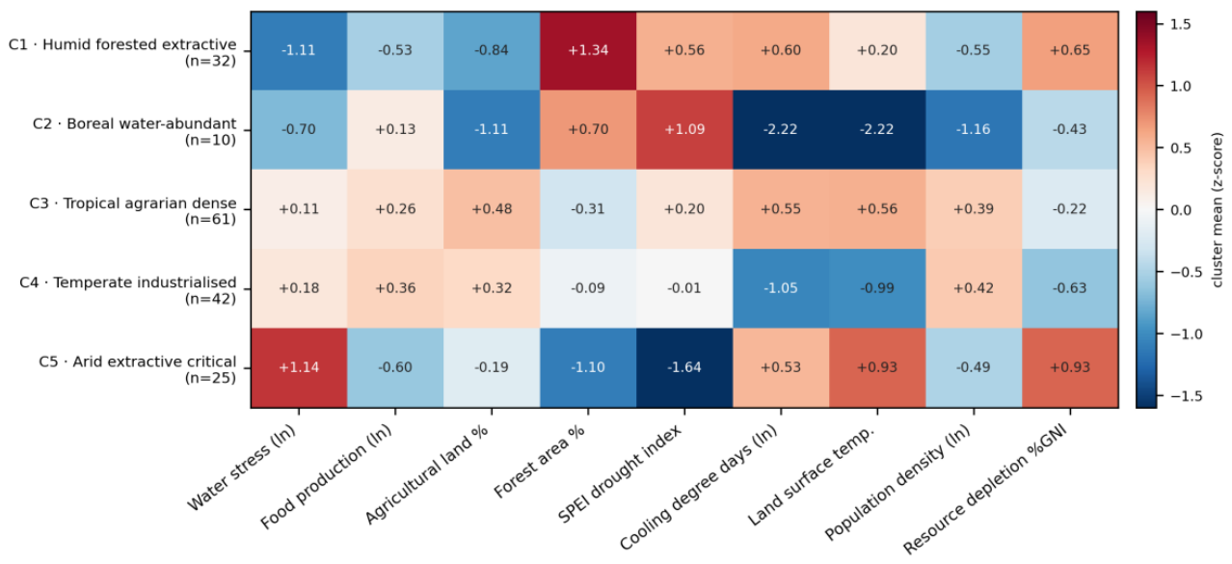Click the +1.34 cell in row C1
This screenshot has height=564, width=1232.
pyautogui.click(x=588, y=51)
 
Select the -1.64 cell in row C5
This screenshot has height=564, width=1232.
pyautogui.click(x=684, y=367)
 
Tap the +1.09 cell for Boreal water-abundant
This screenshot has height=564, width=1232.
pyautogui.click(x=684, y=130)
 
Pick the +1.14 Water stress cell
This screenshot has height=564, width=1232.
pyautogui.click(x=299, y=367)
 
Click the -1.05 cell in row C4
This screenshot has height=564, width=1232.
pyautogui.click(x=781, y=288)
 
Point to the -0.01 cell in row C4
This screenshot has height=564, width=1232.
pyautogui.click(x=684, y=288)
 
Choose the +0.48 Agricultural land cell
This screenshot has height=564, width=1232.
pyautogui.click(x=492, y=209)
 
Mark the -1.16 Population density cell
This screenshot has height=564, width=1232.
pyautogui.click(x=974, y=130)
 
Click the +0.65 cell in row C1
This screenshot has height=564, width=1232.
pyautogui.click(x=1070, y=51)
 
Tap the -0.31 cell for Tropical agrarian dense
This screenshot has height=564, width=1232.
pyautogui.click(x=588, y=209)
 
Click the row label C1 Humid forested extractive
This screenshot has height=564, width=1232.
pyautogui.click(x=122, y=52)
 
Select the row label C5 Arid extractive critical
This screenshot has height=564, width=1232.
pyautogui.click(x=138, y=369)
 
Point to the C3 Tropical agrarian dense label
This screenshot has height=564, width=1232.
pyautogui.click(x=133, y=211)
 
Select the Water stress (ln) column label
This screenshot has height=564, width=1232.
pyautogui.click(x=241, y=469)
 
